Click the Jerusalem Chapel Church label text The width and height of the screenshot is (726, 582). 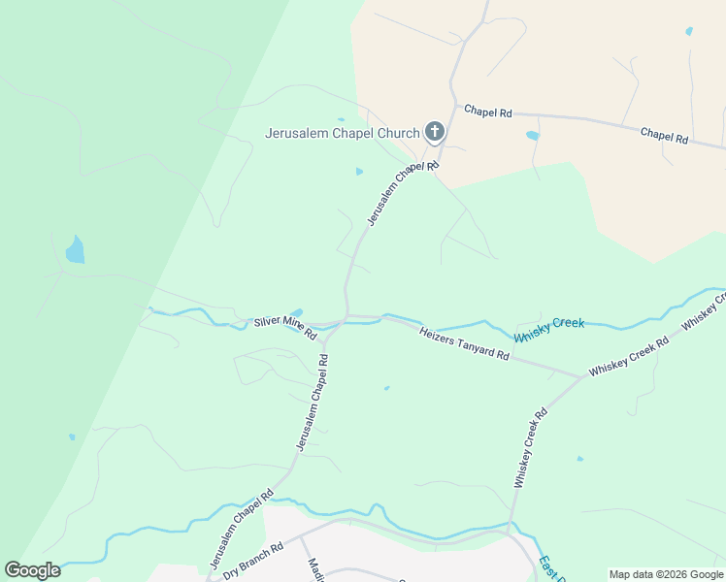point(342,133)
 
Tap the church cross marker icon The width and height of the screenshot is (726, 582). point(434,132)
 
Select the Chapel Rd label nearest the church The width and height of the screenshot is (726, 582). point(487,112)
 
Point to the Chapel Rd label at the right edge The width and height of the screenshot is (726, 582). point(665,135)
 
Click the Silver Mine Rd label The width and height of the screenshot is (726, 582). point(285,328)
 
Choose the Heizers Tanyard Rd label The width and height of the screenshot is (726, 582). point(464,343)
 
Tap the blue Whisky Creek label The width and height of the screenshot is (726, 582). point(549,329)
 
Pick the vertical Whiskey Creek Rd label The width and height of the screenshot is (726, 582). point(530,447)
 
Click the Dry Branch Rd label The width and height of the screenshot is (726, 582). point(252,562)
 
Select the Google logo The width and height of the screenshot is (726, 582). point(32,570)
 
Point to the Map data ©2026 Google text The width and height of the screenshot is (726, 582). point(665,574)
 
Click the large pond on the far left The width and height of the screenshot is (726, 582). point(75,250)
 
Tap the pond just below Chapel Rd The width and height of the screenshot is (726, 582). point(532,136)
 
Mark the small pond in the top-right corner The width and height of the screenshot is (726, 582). point(689,31)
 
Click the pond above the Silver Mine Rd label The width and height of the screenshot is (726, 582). point(296,312)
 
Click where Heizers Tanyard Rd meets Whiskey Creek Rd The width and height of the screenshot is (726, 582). point(582,376)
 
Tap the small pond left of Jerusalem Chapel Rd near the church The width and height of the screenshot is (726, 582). point(359,172)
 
